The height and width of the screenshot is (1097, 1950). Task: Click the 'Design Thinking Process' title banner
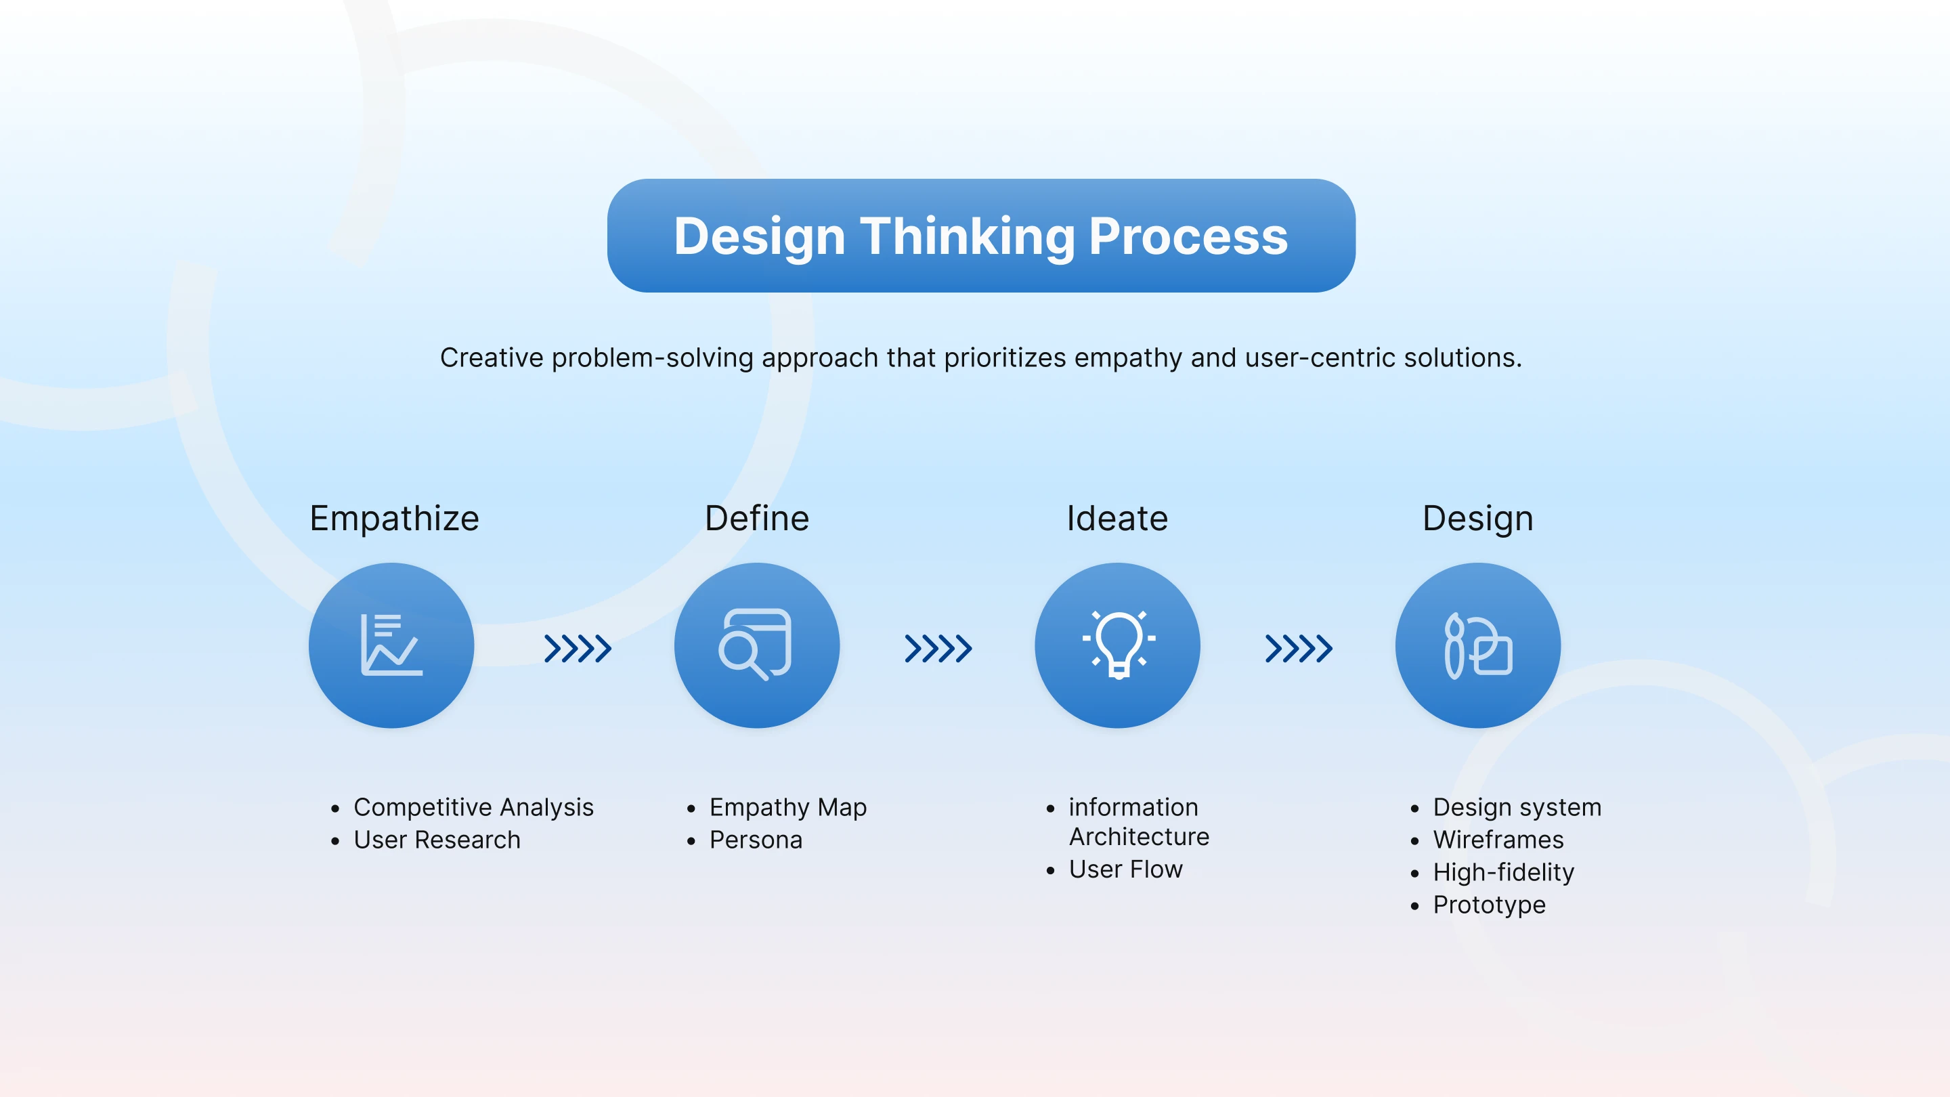(x=981, y=236)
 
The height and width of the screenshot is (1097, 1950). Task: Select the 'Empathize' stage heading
(x=394, y=519)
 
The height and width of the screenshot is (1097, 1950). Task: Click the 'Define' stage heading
(x=757, y=519)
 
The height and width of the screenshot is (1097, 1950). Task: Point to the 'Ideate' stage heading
(x=1117, y=519)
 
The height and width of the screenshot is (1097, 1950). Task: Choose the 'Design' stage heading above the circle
(x=1477, y=519)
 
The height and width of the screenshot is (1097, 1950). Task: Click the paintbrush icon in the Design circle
(x=1454, y=646)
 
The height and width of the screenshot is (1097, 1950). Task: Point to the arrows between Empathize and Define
(x=578, y=649)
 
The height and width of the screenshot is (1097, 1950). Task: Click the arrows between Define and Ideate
(x=938, y=649)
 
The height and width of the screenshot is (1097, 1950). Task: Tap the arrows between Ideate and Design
(x=1298, y=649)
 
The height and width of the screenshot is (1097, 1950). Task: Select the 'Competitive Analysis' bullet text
(x=473, y=808)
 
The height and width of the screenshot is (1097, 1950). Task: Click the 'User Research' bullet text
(x=437, y=840)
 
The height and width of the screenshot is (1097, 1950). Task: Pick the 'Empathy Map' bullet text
(x=788, y=808)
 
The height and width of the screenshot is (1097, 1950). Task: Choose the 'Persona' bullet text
(x=756, y=840)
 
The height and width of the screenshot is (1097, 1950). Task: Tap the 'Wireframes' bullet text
(x=1498, y=840)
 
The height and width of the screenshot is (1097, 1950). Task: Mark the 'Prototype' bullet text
(x=1489, y=905)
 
